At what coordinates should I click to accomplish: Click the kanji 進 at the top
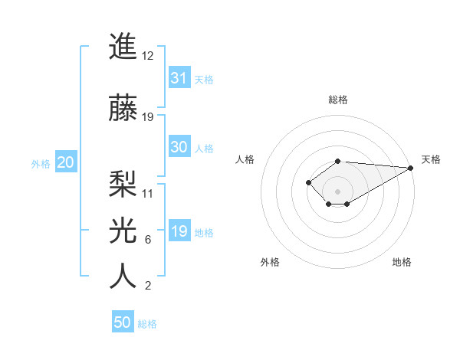[x=123, y=47]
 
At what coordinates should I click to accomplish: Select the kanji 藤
[x=123, y=106]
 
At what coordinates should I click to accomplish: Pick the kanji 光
[x=123, y=229]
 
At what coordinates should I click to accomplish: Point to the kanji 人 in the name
[x=123, y=275]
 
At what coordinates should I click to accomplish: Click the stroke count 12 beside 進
[x=148, y=57]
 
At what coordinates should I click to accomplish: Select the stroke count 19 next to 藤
[x=148, y=117]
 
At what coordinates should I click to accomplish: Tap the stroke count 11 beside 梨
[x=148, y=193]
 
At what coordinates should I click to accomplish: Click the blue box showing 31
[x=179, y=78]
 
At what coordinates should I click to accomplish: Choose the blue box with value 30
[x=179, y=148]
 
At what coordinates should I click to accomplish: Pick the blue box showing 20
[x=65, y=162]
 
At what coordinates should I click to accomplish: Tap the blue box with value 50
[x=123, y=322]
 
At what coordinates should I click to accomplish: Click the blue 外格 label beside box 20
[x=41, y=164]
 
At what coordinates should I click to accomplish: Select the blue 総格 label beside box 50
[x=147, y=324]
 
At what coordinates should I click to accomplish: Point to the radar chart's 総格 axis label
[x=337, y=100]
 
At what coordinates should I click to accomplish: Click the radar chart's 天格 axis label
[x=431, y=159]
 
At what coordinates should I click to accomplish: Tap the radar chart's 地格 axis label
[x=402, y=262]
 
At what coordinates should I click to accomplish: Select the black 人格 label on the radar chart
[x=245, y=159]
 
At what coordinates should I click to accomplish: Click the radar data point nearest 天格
[x=410, y=168]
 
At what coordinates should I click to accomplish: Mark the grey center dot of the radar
[x=337, y=191]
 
